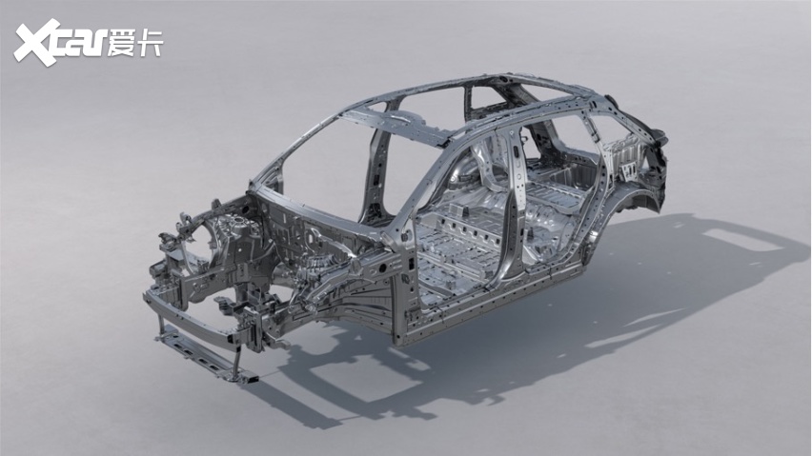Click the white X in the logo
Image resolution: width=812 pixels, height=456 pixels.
point(35,44)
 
